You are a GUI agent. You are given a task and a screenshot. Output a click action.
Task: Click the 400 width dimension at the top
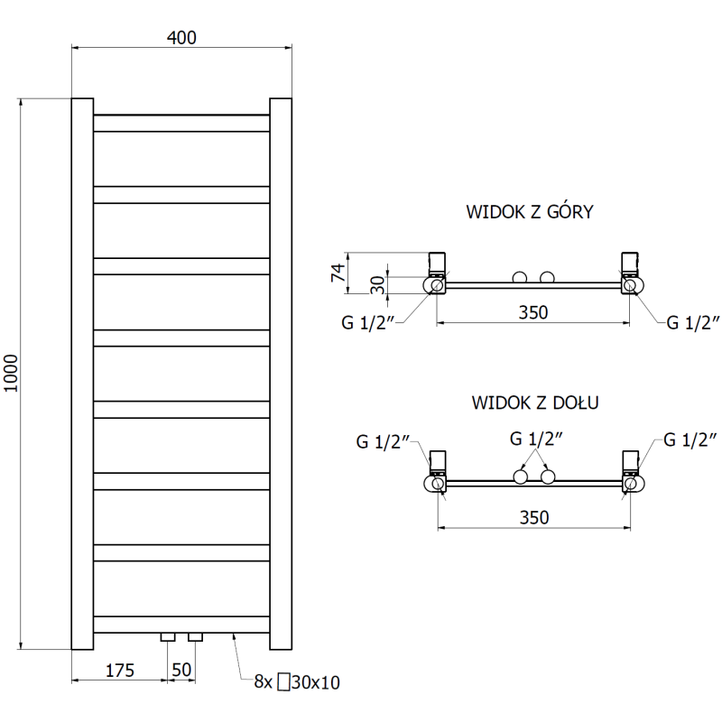tap(180, 37)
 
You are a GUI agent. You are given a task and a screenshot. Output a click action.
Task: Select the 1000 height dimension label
tap(11, 373)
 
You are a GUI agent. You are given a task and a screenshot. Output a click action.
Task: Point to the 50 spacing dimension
tap(182, 670)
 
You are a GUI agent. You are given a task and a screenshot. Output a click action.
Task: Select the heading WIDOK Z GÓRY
tap(529, 213)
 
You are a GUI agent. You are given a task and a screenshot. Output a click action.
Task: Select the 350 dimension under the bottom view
tap(533, 517)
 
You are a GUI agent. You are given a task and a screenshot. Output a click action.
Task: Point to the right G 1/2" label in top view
tap(692, 323)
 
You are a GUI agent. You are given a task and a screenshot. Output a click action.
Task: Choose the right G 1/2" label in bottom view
tap(691, 440)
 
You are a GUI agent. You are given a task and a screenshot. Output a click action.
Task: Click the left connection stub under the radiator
tap(169, 637)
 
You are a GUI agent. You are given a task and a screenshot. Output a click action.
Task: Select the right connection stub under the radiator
tap(195, 637)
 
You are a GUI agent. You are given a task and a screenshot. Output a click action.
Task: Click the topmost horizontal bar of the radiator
tap(181, 123)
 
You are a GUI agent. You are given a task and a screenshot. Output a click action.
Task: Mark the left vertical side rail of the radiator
tap(82, 373)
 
